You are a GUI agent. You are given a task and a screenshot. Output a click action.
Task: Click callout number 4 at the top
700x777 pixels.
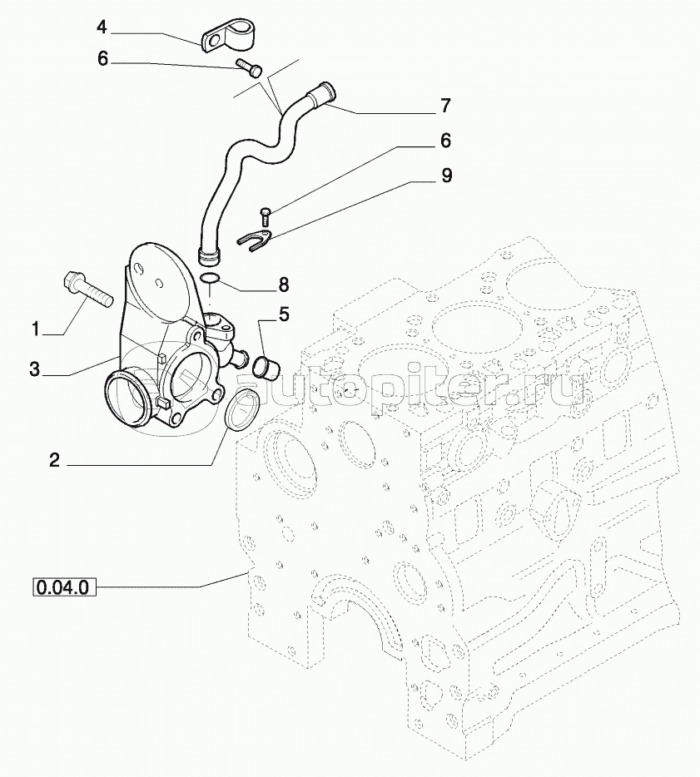click(x=102, y=27)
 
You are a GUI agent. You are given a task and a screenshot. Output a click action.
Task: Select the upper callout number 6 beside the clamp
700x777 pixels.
click(x=102, y=59)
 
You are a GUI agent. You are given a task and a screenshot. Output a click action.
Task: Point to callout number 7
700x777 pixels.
click(x=445, y=106)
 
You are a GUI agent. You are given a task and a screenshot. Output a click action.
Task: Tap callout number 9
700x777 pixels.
click(x=446, y=176)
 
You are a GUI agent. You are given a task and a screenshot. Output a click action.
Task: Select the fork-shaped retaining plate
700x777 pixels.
click(x=255, y=240)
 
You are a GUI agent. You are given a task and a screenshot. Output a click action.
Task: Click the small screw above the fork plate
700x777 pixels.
click(x=264, y=216)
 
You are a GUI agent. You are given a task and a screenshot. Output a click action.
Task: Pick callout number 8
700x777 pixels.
click(x=283, y=285)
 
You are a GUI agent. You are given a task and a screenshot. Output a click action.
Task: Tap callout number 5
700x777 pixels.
click(x=284, y=314)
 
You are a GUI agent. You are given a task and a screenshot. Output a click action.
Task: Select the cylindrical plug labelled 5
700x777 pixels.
click(x=266, y=367)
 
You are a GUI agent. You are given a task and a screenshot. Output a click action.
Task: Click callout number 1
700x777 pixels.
click(x=36, y=329)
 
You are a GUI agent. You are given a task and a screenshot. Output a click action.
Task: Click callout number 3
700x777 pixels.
click(x=34, y=369)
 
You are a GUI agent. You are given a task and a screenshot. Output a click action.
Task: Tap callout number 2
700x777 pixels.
click(x=55, y=460)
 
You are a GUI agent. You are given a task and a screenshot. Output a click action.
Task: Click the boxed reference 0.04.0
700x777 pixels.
click(x=63, y=587)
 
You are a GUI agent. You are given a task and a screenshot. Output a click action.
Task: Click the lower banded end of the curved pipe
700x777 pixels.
click(x=211, y=256)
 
